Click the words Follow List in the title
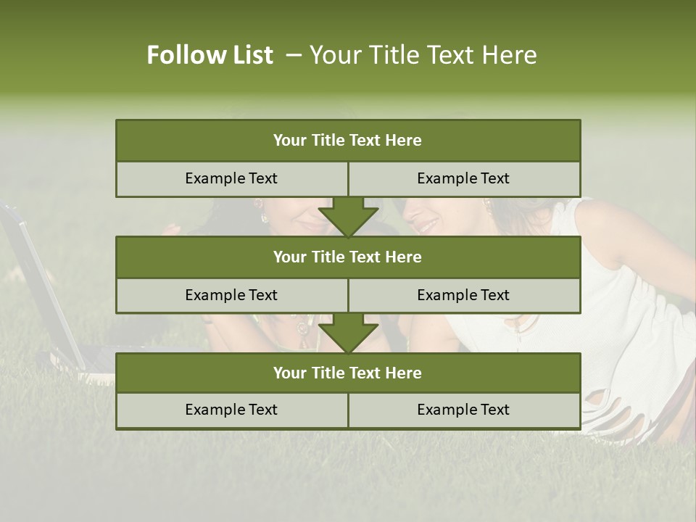pos(210,55)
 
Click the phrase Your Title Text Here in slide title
pos(423,55)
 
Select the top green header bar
pos(348,141)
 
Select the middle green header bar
pos(348,257)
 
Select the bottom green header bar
pos(348,373)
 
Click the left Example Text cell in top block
pos(231,178)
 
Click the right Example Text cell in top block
pos(464,178)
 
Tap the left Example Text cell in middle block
pos(231,295)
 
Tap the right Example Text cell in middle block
pos(464,295)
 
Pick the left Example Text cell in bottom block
pos(231,410)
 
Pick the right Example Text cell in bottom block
pos(464,410)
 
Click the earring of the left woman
pos(264,217)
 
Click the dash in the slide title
pos(294,55)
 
